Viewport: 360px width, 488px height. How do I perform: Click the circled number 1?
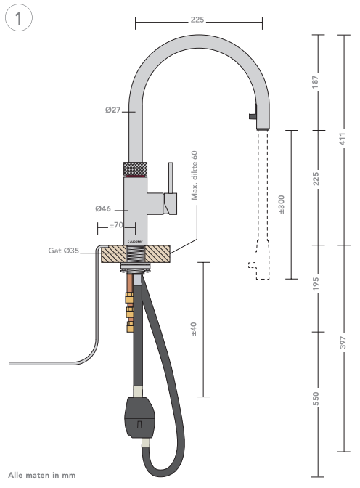(19, 20)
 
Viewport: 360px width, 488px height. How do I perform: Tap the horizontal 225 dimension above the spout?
(197, 20)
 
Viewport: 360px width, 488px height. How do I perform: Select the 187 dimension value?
(316, 82)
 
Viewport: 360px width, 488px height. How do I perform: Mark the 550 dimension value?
(316, 399)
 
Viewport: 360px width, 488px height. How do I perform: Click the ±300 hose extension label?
(282, 204)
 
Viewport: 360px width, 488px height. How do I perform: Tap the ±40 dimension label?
(194, 330)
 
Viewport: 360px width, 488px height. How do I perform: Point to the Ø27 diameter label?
(112, 111)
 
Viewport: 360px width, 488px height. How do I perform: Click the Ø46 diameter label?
(102, 209)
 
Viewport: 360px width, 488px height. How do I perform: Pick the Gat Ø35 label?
(64, 251)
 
